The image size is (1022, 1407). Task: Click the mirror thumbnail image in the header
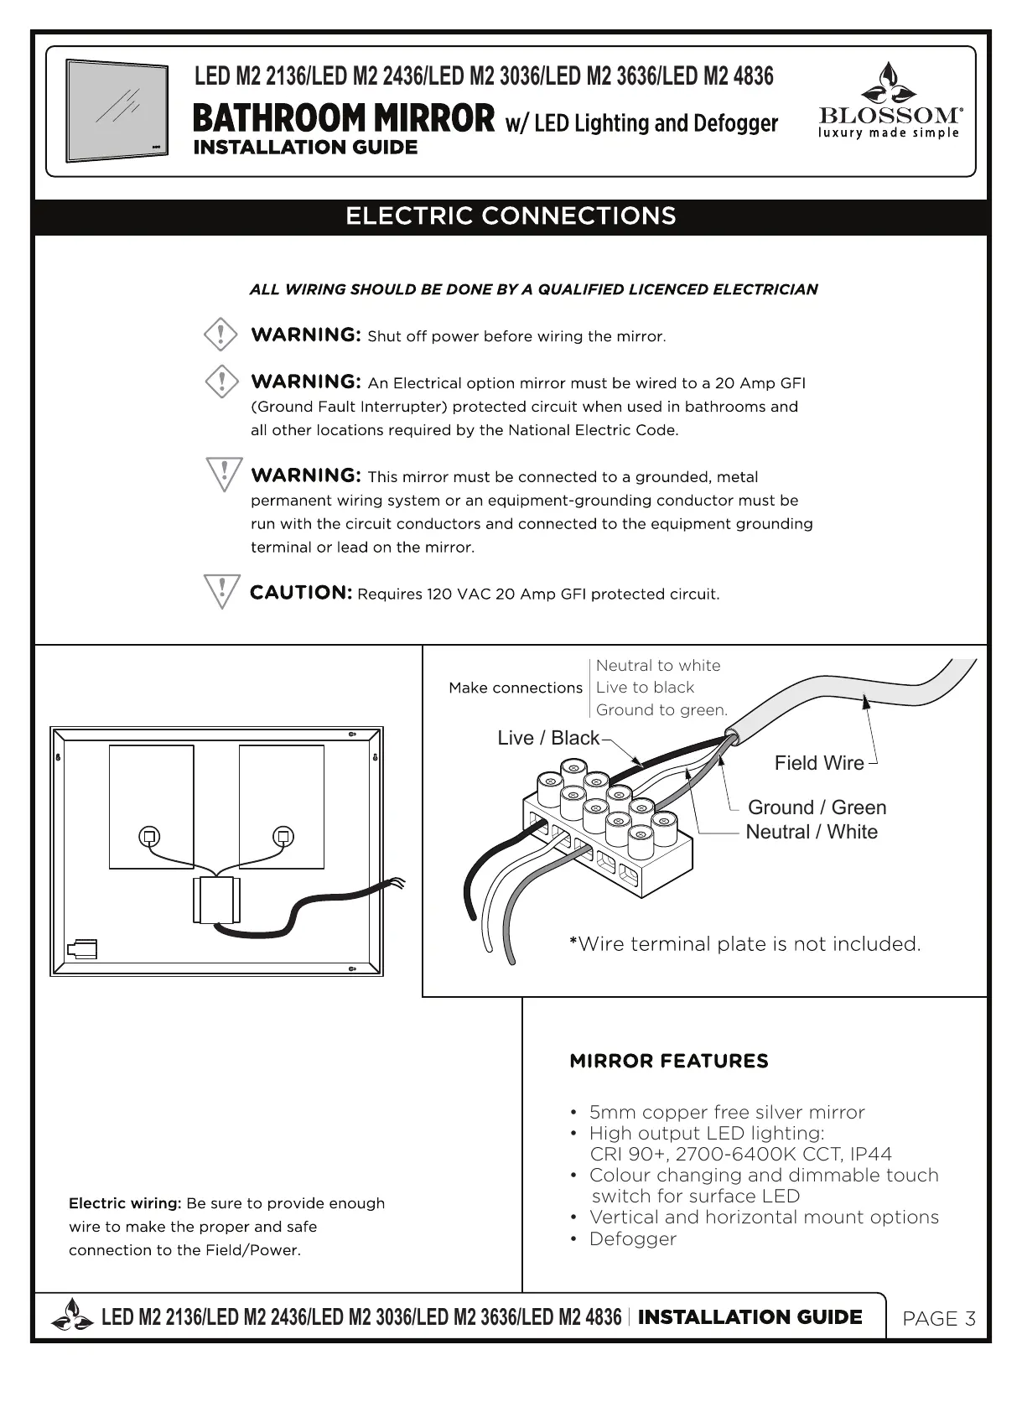pyautogui.click(x=117, y=111)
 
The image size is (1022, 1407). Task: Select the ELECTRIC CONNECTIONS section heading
pyautogui.click(x=511, y=216)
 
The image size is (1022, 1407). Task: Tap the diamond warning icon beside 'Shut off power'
pyautogui.click(x=221, y=335)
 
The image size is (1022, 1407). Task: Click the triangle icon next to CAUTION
pyautogui.click(x=222, y=591)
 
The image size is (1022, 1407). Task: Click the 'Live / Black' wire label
pyautogui.click(x=548, y=738)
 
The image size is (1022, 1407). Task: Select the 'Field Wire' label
pyautogui.click(x=818, y=763)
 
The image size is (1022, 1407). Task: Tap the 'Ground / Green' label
pyautogui.click(x=817, y=807)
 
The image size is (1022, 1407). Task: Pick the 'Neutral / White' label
pyautogui.click(x=812, y=832)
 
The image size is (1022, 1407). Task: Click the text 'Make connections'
pyautogui.click(x=515, y=688)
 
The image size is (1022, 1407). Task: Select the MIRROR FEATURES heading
pyautogui.click(x=668, y=1062)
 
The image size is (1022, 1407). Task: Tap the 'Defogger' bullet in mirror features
pyautogui.click(x=632, y=1238)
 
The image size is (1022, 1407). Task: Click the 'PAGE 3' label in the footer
pyautogui.click(x=939, y=1319)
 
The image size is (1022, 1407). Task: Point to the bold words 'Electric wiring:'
pyautogui.click(x=125, y=1203)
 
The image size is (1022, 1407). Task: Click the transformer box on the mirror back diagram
pyautogui.click(x=217, y=901)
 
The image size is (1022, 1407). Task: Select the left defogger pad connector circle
pyautogui.click(x=150, y=837)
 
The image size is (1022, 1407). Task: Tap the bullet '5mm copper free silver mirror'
pyautogui.click(x=726, y=1113)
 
